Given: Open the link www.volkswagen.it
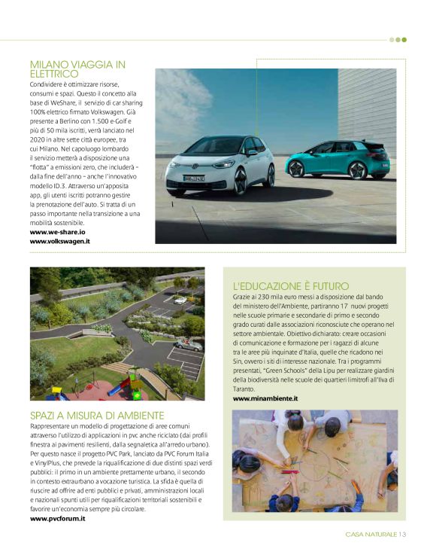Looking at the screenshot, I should pos(60,242).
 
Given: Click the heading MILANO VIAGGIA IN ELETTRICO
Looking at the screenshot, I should pos(77,69).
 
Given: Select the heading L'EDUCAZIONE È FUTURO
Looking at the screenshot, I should pos(291,286).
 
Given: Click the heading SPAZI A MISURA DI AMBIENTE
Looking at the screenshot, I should pos(97,415).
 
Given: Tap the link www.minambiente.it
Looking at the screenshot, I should pos(265,398).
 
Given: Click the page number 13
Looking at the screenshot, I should pos(402,535).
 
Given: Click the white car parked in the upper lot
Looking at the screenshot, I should pos(180,300).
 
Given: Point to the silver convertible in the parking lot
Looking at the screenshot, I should pos(187,345).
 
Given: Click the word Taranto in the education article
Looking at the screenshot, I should pos(245,389).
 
